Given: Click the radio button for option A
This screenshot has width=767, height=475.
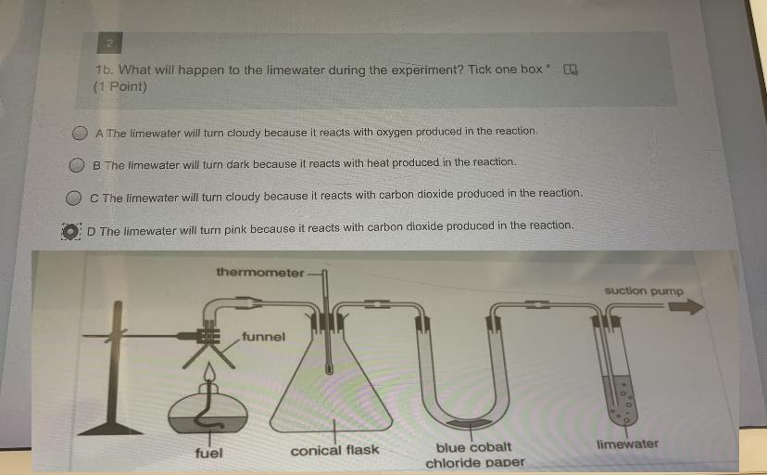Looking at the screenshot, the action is coord(80,133).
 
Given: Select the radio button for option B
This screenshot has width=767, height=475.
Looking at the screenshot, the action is coord(76,165).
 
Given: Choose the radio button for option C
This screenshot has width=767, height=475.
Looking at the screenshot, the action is coord(73,198).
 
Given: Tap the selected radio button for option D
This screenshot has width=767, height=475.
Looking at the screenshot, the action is coord(71,232).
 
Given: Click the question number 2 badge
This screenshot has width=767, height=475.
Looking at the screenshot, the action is coord(109,43).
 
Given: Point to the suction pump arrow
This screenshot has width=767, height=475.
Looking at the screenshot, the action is coord(685,307).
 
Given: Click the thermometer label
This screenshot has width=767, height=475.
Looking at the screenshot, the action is coord(260,272).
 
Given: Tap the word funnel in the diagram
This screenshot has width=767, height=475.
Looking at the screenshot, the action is coord(263,337).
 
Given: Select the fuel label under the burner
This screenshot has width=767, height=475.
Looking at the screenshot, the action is coord(208,453).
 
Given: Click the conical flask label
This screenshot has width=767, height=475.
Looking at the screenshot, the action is coord(334,450).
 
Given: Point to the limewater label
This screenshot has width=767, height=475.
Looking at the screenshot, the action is coord(628,444).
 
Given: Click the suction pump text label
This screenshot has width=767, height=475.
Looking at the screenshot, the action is coord(644,291).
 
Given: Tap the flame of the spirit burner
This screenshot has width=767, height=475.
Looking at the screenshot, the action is coord(210,372).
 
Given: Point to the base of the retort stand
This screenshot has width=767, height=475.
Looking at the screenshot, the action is coord(110,429).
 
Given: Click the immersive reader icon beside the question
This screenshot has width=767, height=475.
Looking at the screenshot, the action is coord(571,70).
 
